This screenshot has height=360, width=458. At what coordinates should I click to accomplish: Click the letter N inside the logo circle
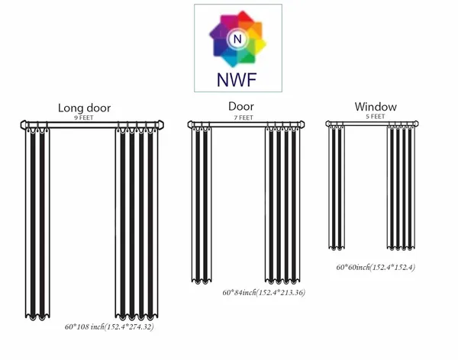(237, 39)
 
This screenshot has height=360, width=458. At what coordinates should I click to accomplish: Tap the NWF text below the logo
(237, 80)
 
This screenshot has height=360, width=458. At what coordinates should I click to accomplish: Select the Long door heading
(85, 108)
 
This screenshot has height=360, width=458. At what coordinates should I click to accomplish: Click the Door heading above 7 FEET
(241, 106)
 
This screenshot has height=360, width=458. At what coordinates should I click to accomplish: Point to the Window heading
(376, 107)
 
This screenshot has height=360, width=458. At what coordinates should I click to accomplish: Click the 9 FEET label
(84, 117)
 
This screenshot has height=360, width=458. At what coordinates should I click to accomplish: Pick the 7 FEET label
(244, 117)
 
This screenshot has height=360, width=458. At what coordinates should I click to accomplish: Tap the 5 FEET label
(376, 117)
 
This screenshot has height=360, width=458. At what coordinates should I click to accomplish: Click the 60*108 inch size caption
(109, 326)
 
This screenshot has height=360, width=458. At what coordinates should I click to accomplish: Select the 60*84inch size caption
(264, 292)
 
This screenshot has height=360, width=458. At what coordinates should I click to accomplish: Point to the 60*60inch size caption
(376, 267)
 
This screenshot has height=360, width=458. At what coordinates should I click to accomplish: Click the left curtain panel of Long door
(37, 223)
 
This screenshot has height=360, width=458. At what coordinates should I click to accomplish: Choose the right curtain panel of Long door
(137, 223)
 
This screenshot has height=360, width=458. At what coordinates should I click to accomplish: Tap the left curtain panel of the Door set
(202, 205)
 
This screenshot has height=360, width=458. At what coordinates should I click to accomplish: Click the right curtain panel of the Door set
(282, 205)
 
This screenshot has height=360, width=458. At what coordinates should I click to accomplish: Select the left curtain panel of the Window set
(337, 188)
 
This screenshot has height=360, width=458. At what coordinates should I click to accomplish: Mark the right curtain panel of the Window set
(401, 188)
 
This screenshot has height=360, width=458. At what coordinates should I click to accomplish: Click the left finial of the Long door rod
(24, 125)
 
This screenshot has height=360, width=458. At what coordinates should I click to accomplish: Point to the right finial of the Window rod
(416, 124)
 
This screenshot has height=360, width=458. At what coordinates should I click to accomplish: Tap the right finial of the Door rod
(302, 124)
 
